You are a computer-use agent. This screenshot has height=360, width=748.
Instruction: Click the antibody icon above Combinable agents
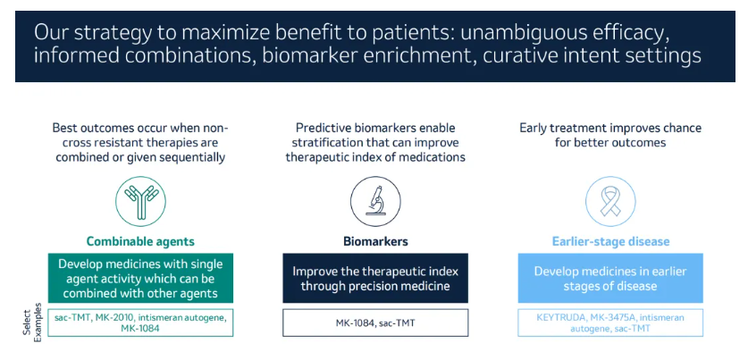pos(140,201)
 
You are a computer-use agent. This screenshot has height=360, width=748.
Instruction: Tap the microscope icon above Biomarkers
pos(375,201)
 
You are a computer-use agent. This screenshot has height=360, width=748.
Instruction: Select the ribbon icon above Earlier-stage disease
pos(610,201)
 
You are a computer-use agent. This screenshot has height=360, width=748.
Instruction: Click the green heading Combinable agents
pos(140,242)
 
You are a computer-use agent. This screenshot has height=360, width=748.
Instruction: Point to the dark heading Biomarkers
pos(375,242)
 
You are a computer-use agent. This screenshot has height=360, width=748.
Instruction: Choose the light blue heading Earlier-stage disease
pos(610,242)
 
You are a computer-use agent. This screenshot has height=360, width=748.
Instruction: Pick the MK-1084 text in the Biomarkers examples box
pos(354,323)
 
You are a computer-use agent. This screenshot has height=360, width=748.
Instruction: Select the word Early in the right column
pos(532,129)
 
